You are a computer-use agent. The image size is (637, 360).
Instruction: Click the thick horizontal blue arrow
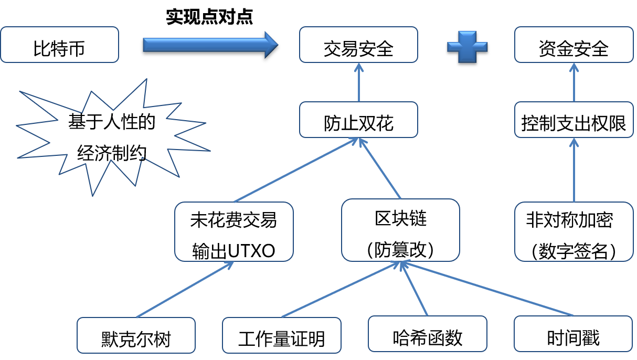point(205,45)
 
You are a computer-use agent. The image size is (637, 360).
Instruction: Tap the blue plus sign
point(467,47)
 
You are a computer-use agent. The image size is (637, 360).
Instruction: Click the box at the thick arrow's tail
point(59,45)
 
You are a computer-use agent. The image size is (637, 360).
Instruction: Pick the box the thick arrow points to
point(358,45)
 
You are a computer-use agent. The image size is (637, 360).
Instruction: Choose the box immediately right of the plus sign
point(574,45)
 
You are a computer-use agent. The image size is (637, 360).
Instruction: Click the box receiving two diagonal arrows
point(358,120)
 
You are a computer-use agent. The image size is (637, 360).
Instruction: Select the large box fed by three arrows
point(400,230)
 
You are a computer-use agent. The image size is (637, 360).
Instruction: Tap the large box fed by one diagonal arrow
point(233,231)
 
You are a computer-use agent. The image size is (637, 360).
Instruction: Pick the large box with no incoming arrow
point(574,231)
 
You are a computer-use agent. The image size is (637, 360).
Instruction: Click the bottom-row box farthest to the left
point(136,335)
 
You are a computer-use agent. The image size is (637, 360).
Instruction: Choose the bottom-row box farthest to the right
point(573,334)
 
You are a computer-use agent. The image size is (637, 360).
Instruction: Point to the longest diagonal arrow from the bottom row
point(488,289)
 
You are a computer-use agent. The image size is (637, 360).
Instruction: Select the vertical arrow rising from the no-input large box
point(574,170)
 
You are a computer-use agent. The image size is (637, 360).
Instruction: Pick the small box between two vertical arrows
point(574,120)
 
